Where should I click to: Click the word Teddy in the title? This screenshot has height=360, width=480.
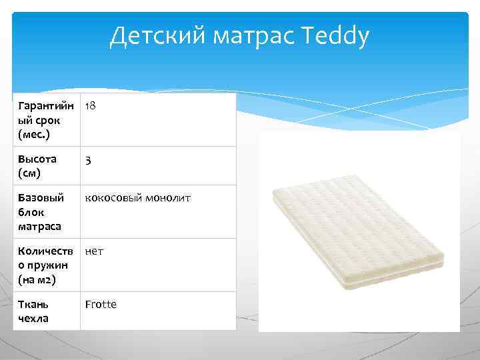pyautogui.click(x=335, y=37)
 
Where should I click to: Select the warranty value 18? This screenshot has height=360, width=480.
pyautogui.click(x=91, y=106)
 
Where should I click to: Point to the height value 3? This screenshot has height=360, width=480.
pyautogui.click(x=88, y=161)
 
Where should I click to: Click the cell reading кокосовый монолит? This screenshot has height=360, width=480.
pyautogui.click(x=137, y=198)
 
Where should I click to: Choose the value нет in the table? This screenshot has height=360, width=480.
pyautogui.click(x=94, y=251)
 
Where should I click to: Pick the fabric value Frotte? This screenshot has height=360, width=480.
pyautogui.click(x=101, y=304)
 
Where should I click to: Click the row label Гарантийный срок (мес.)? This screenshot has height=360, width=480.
pyautogui.click(x=41, y=120)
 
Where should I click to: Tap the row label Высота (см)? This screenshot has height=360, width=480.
pyautogui.click(x=37, y=166)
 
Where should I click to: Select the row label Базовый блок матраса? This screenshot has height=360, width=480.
pyautogui.click(x=41, y=212)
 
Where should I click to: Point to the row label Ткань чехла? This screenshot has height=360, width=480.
pyautogui.click(x=34, y=311)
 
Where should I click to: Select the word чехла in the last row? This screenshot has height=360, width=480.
pyautogui.click(x=34, y=318)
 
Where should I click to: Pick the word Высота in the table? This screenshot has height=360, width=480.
pyautogui.click(x=37, y=159)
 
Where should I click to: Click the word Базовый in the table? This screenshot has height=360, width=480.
pyautogui.click(x=41, y=198)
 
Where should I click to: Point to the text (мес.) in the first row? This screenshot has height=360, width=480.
pyautogui.click(x=34, y=134)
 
